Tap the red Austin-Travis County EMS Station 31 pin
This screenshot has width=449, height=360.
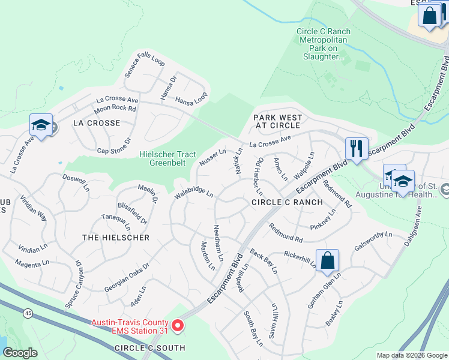[x=178, y=326]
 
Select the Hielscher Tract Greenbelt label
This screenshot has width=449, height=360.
[x=167, y=158]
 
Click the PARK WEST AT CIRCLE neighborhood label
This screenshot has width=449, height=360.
[x=277, y=121]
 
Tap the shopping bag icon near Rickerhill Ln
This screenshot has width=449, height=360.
[x=327, y=260]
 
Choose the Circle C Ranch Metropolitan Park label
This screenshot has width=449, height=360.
[x=324, y=44]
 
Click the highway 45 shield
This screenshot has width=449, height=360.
[x=28, y=313]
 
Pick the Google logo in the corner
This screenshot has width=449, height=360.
[x=20, y=353]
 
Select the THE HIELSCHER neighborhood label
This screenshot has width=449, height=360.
[x=115, y=238]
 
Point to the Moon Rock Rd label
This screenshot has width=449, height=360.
[x=115, y=109]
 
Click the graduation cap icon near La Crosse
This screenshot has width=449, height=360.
[x=40, y=125]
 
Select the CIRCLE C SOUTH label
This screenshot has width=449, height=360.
[x=150, y=348]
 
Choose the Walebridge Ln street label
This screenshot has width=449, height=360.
[x=194, y=193]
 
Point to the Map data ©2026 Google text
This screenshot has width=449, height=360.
[x=411, y=355]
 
